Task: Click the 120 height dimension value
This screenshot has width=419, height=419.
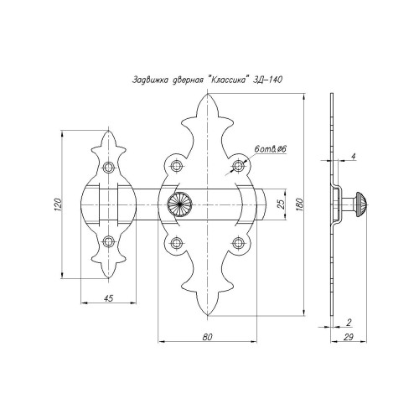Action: click(58, 204)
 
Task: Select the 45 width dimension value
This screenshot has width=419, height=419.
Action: click(108, 298)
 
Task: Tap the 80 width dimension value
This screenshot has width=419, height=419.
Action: click(207, 337)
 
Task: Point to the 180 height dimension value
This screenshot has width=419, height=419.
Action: click(299, 204)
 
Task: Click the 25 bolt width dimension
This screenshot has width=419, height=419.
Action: click(282, 204)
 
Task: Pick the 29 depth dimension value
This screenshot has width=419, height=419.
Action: click(348, 337)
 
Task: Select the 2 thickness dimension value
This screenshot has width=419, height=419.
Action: click(349, 323)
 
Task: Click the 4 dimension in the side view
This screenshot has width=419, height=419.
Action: click(354, 157)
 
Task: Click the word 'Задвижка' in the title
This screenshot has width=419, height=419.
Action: click(150, 80)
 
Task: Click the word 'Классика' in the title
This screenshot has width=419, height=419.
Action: click(228, 80)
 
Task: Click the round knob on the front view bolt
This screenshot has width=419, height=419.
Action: click(179, 204)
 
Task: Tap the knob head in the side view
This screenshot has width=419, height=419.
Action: click(360, 204)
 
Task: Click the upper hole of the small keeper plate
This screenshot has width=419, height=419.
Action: click(108, 167)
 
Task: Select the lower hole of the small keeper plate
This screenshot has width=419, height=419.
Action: click(108, 241)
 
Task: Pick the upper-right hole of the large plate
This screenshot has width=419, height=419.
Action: click(238, 166)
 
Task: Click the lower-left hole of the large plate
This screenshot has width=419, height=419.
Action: click(176, 243)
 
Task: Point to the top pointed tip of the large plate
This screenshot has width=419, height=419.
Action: click(208, 94)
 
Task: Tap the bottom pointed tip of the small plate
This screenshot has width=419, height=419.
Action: click(108, 278)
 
